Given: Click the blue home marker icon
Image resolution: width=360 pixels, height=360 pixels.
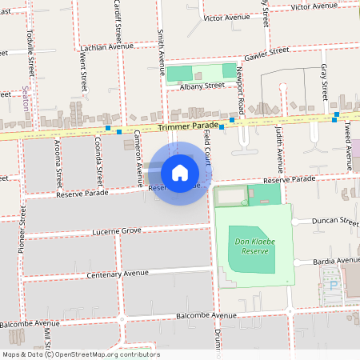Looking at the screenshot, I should (179, 173).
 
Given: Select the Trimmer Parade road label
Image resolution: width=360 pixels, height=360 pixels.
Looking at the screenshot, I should (188, 127).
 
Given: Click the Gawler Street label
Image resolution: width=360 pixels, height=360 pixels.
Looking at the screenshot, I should (266, 52).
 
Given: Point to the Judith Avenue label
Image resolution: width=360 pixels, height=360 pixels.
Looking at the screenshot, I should (279, 147).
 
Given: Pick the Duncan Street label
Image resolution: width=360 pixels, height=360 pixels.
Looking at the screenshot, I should (337, 220).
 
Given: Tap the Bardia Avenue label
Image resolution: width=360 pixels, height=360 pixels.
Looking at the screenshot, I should (337, 261).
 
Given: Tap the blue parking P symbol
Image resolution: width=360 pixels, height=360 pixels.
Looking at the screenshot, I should (334, 284).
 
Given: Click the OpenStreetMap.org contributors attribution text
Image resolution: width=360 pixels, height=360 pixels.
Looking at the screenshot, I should (107, 354).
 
